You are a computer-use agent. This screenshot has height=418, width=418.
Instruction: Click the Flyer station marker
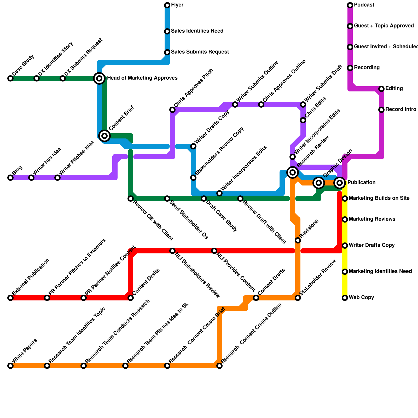tap(167, 5)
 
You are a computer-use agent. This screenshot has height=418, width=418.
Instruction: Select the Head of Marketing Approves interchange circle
tap(99, 78)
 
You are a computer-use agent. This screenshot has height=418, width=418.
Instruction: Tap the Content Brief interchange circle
tap(104, 136)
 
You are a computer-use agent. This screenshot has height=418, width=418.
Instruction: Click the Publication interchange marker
tap(340, 183)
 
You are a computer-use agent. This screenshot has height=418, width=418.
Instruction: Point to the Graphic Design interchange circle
tap(319, 183)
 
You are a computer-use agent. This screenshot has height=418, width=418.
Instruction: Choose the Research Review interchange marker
tap(293, 172)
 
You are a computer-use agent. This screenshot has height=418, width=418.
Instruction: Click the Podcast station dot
tap(350, 5)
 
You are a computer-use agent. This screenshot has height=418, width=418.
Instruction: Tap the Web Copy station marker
tap(345, 298)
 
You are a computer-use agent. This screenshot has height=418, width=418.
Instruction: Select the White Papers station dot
tap(10, 366)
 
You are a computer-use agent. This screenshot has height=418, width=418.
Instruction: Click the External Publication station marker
tap(10, 298)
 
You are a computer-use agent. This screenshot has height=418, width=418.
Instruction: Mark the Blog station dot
tap(10, 178)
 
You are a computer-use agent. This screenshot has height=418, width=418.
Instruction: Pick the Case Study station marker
tap(10, 78)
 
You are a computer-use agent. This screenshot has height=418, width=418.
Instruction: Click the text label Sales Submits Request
tap(200, 52)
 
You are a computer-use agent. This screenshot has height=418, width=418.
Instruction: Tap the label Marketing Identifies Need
tap(380, 271)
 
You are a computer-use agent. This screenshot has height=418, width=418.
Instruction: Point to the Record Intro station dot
tap(381, 110)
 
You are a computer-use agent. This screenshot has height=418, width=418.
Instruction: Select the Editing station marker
tap(381, 89)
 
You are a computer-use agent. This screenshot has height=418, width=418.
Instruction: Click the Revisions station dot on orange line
tap(298, 240)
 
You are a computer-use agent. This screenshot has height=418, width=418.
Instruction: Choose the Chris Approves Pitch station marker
tap(172, 110)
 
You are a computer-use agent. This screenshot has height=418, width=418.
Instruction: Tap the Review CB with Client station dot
tap(131, 199)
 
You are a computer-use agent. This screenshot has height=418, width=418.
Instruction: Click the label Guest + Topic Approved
tap(384, 26)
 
